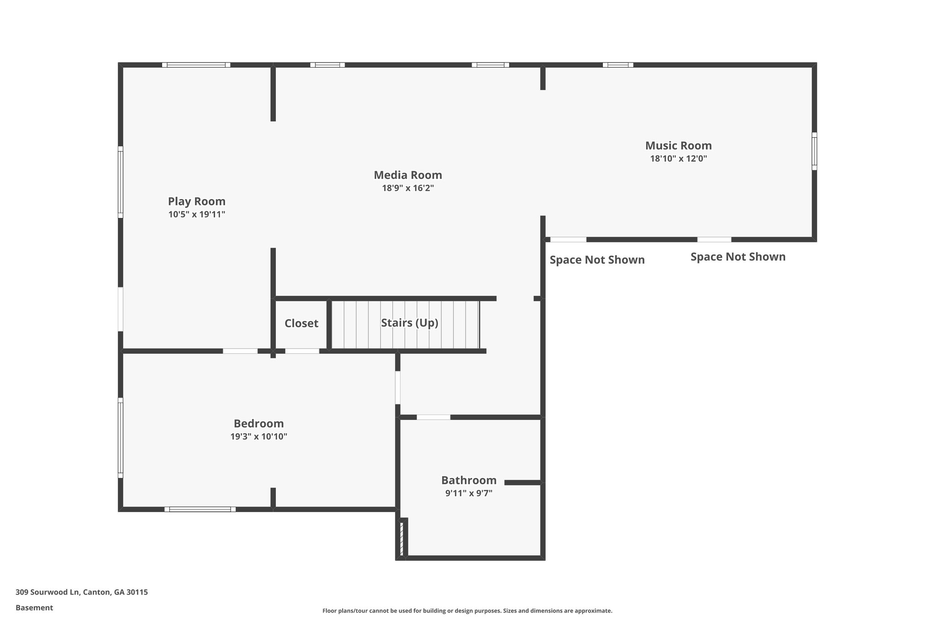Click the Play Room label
coord(196,201)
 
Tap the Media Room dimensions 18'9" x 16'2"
coord(408,188)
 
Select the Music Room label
coord(678,146)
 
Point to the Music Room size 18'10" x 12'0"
coord(678,159)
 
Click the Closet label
coord(301,323)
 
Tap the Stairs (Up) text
coord(410,323)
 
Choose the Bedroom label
coord(258,424)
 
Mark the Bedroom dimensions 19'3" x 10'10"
coord(258,437)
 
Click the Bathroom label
coord(468,480)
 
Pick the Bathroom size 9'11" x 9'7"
coord(468,493)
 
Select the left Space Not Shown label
coord(597,260)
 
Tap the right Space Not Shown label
coord(738,257)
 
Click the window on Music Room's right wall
coord(814,151)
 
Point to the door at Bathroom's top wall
coord(433,417)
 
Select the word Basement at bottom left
coord(34,607)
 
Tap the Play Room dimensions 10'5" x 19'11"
coord(196,215)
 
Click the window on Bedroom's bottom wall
coord(200,509)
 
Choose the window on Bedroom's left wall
coord(121,437)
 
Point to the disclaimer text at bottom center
coord(467,611)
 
